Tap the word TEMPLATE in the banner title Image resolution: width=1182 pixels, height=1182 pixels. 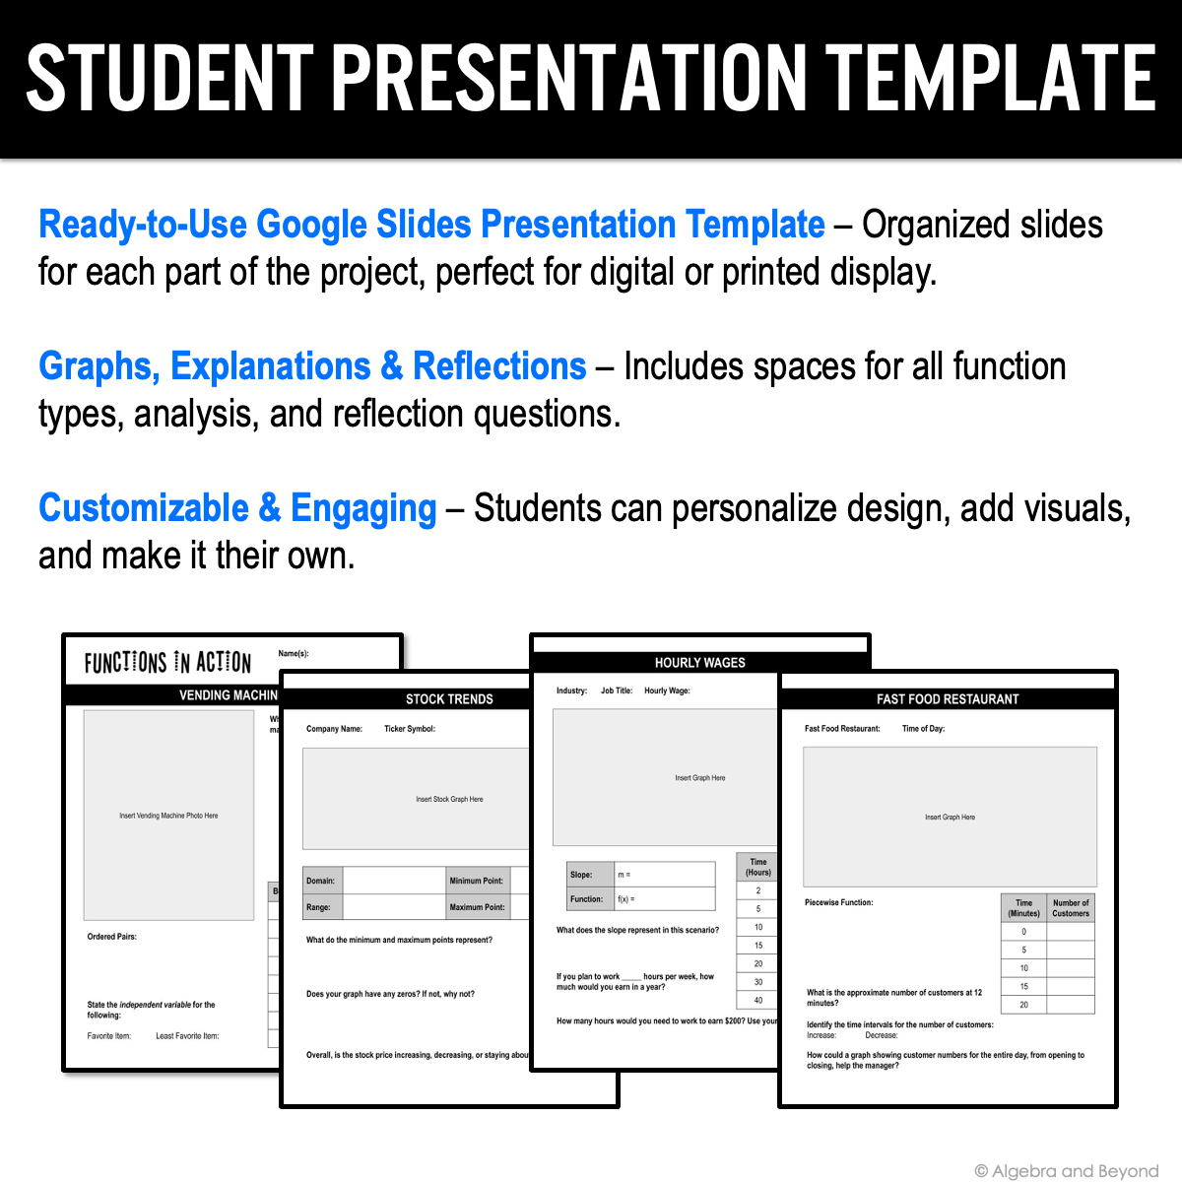click(x=990, y=78)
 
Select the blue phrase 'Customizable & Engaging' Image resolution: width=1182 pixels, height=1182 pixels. click(x=237, y=508)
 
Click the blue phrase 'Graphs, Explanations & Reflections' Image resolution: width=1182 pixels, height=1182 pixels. click(x=312, y=366)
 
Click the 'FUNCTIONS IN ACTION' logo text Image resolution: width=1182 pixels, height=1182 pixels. click(x=167, y=663)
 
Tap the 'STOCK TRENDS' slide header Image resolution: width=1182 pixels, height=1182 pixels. click(x=449, y=699)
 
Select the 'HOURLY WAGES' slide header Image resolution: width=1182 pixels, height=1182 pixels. click(x=699, y=663)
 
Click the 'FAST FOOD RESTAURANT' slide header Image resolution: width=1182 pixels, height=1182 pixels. click(x=948, y=699)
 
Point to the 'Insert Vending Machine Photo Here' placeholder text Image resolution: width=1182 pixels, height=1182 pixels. click(x=168, y=816)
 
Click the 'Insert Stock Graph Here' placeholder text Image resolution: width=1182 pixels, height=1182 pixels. click(x=449, y=800)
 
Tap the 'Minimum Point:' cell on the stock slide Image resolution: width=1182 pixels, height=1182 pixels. click(x=477, y=881)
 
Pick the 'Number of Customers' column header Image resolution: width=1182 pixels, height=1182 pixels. click(x=1071, y=908)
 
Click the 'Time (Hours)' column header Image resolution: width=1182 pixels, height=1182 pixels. click(x=757, y=867)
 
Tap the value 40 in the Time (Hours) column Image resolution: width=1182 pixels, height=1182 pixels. click(x=757, y=1001)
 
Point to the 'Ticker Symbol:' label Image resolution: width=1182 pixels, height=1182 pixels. click(x=409, y=729)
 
